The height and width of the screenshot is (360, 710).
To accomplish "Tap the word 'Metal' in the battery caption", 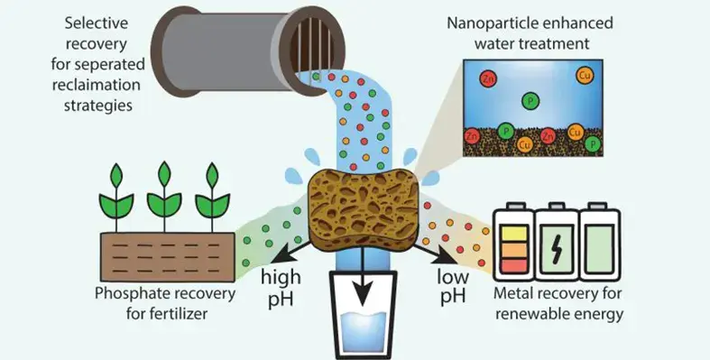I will point(522,294).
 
